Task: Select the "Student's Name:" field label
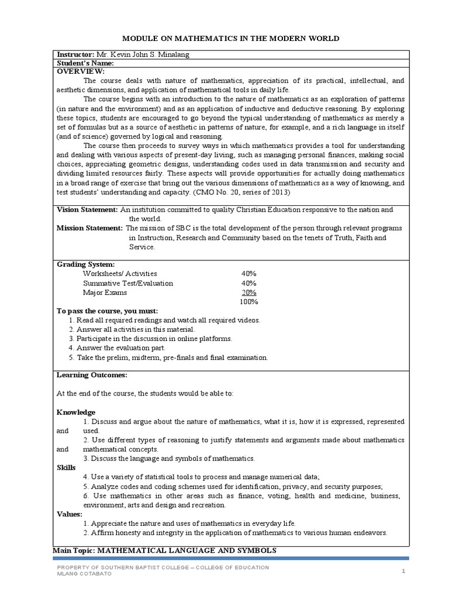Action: click(x=85, y=63)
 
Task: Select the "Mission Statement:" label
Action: click(x=89, y=228)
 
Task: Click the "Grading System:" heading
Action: click(x=85, y=264)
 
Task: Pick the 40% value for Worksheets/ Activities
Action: click(x=248, y=274)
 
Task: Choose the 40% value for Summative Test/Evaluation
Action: click(x=248, y=283)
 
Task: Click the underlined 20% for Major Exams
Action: click(x=248, y=292)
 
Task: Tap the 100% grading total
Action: click(x=248, y=302)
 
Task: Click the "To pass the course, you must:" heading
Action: click(x=107, y=311)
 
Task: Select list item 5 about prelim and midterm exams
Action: click(x=168, y=357)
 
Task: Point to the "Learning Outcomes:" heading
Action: click(x=91, y=374)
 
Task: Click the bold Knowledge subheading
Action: click(x=75, y=412)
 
